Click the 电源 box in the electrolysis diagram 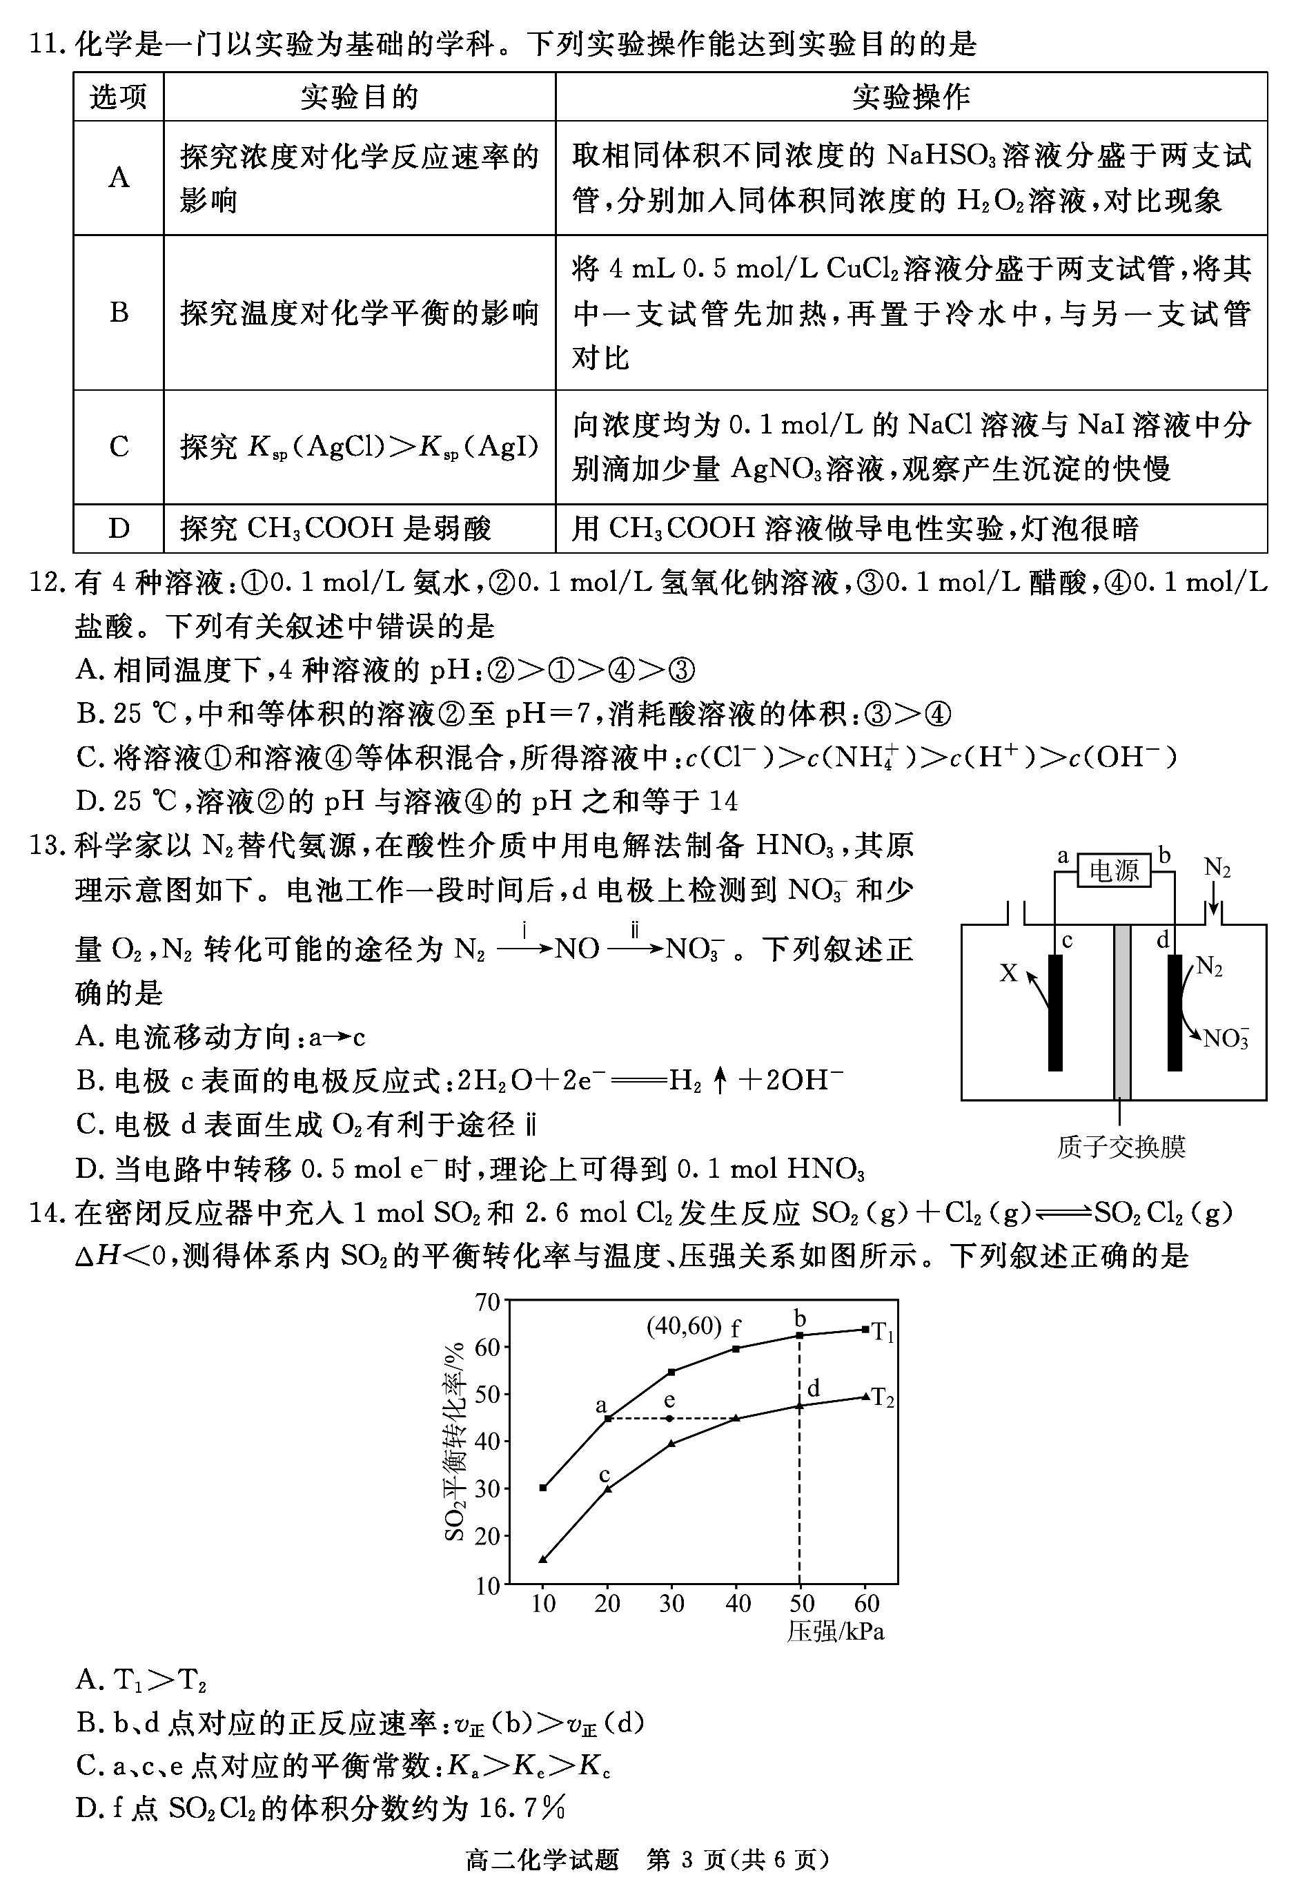coord(1114,870)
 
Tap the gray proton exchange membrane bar coord(1121,1011)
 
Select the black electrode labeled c coord(1055,1011)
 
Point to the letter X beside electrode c coord(1009,973)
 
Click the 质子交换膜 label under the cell coord(1120,1147)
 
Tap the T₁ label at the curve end coord(882,1332)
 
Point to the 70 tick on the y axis coord(488,1301)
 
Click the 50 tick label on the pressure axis coord(802,1602)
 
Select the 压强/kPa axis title coord(836,1631)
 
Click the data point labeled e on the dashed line coord(670,1418)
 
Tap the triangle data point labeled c coord(607,1488)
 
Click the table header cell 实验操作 coord(911,97)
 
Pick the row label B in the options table coord(119,313)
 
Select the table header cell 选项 coord(119,97)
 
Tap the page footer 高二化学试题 coord(542,1876)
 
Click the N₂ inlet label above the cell coord(1217,868)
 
